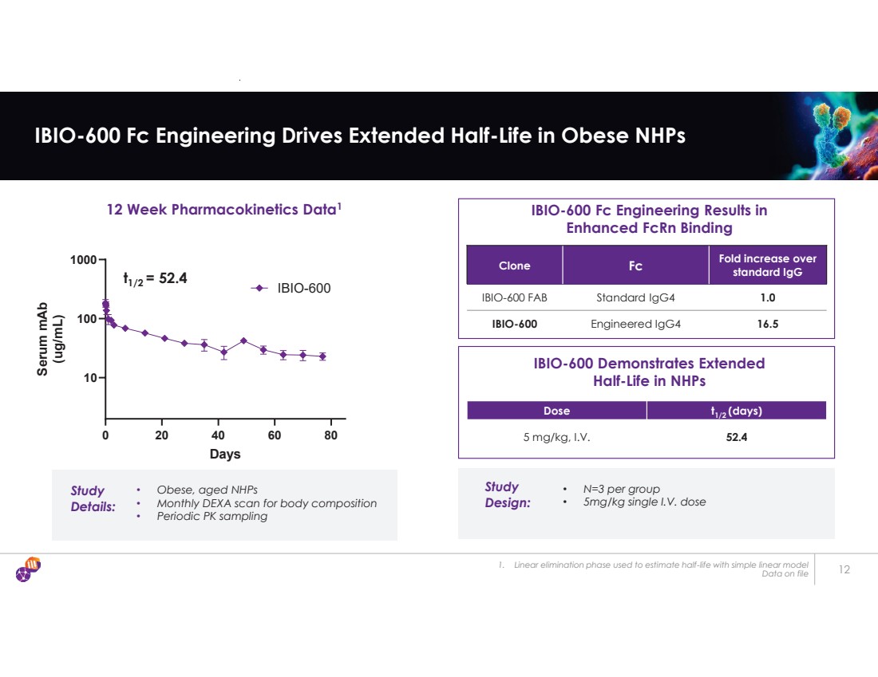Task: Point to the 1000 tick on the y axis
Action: pos(82,260)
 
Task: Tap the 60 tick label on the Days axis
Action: pos(275,436)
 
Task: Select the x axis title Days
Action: pos(224,455)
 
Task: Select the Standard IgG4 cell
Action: pos(635,297)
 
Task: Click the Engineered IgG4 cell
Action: pos(635,324)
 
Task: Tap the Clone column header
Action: pos(514,266)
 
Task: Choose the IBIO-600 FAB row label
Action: pos(514,297)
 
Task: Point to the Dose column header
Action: pos(556,411)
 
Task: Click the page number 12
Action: pos(845,569)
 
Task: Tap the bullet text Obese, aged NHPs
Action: pos(207,490)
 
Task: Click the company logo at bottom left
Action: pos(28,569)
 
